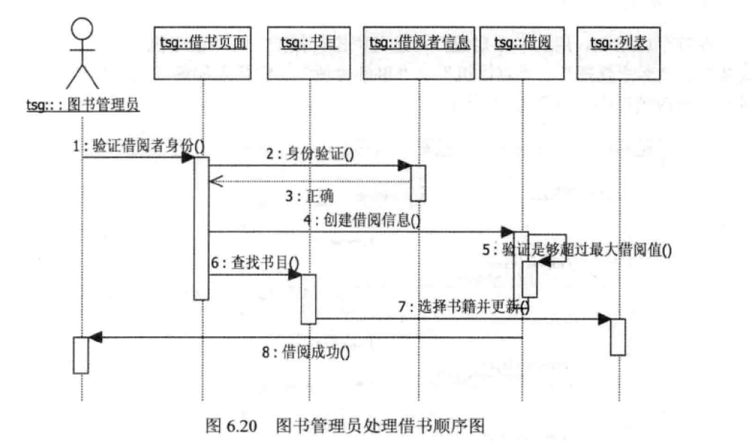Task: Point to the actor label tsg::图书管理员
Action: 82,104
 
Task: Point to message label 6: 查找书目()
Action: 257,262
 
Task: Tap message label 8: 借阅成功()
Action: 306,353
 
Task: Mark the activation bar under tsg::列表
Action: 618,337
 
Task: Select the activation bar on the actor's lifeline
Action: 81,355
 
